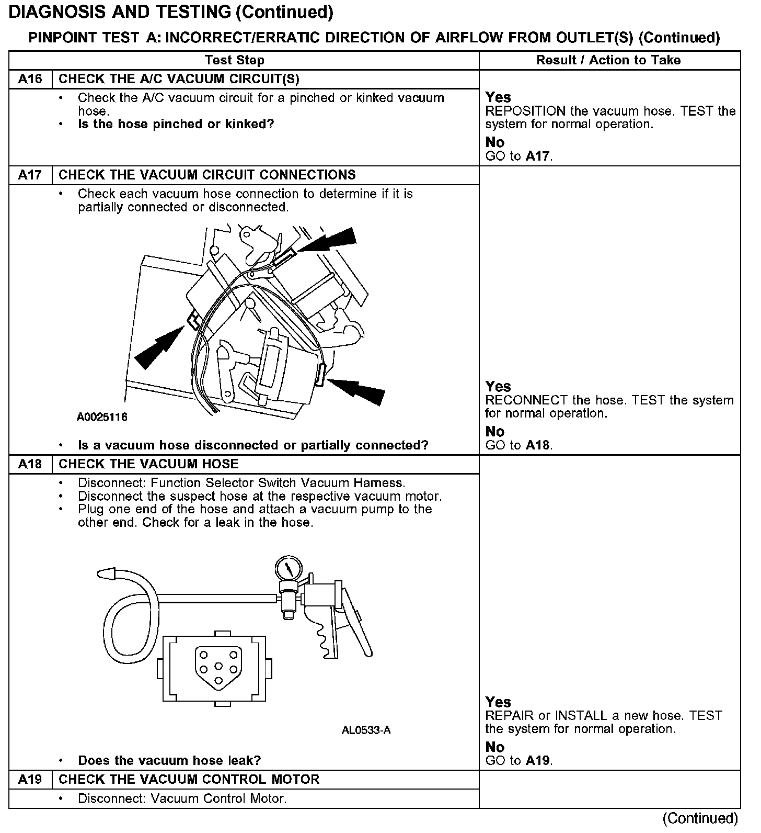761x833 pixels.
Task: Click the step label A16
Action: tap(30, 79)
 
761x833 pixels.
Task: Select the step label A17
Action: tap(30, 175)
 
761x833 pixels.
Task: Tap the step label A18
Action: tap(30, 464)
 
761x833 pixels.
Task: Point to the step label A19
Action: tap(30, 780)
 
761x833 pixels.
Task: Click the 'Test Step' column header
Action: tap(234, 60)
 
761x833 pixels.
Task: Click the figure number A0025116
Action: tap(102, 417)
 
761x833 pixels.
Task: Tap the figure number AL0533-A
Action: tap(366, 730)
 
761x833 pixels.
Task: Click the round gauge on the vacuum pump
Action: tap(288, 569)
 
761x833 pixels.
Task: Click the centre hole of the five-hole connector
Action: tap(219, 667)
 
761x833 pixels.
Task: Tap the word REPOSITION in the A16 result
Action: tap(525, 111)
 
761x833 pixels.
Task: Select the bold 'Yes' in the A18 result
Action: tap(498, 702)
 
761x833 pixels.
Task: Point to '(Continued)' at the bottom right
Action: tap(700, 818)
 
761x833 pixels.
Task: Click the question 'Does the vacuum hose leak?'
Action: tap(169, 760)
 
